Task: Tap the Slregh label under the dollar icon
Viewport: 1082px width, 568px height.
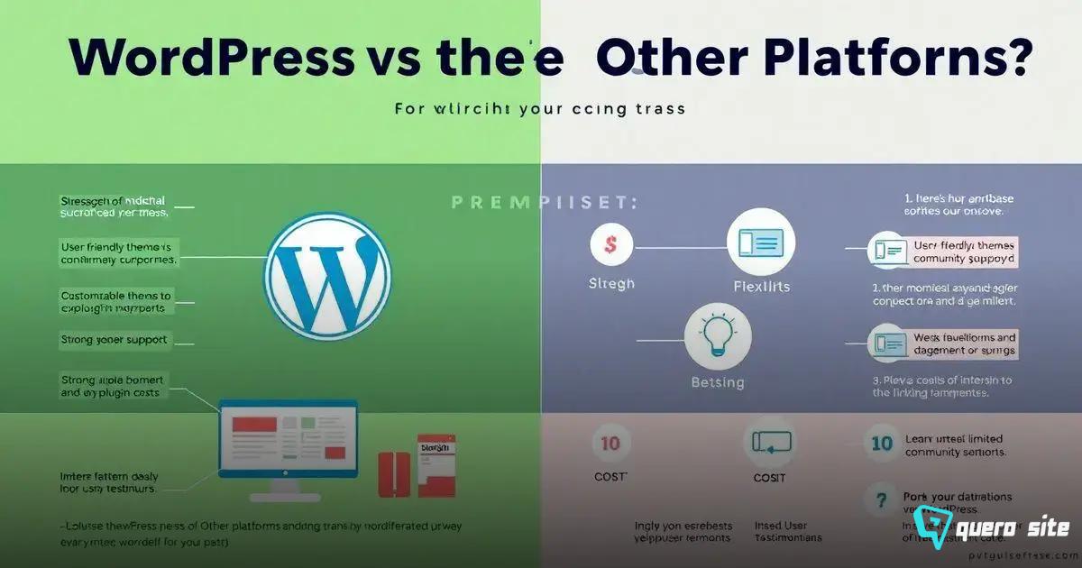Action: coord(611,283)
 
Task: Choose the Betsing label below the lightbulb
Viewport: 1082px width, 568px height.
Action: coord(718,382)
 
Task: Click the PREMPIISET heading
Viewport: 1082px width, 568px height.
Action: coord(545,203)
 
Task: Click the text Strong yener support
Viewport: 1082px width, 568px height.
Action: coord(115,341)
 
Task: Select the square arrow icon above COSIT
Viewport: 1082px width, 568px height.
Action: coord(769,442)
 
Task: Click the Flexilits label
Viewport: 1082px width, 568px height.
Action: coord(763,286)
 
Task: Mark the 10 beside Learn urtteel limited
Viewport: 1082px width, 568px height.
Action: coord(881,443)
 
